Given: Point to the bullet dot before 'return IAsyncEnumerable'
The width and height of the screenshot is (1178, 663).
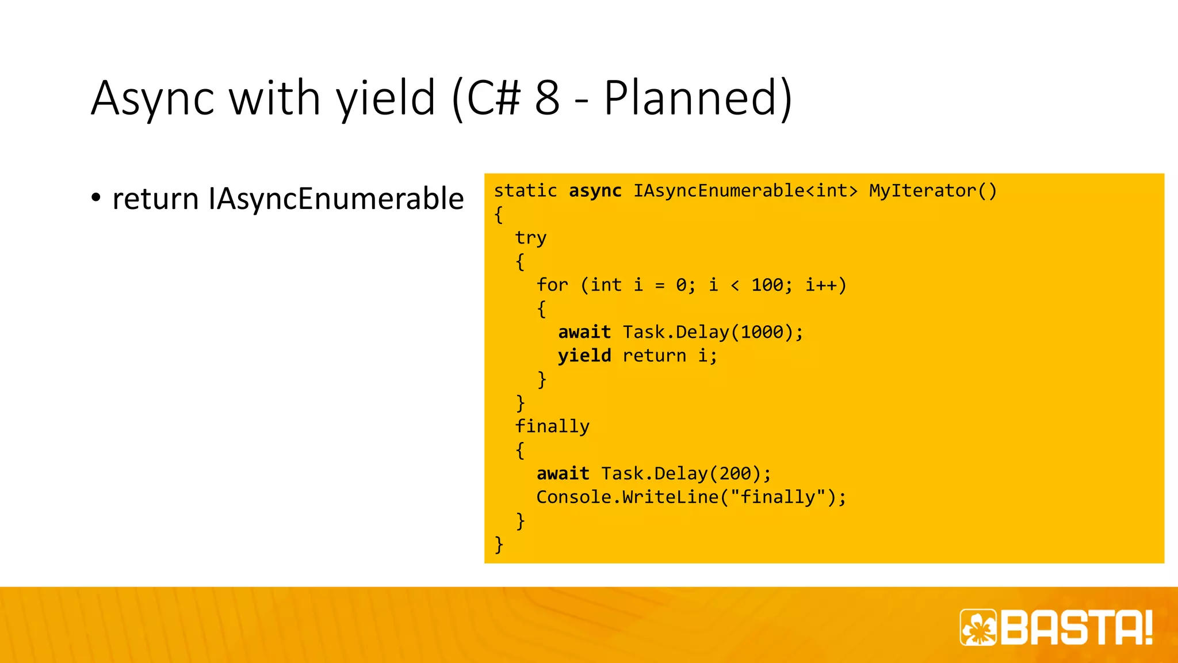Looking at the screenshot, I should (x=96, y=198).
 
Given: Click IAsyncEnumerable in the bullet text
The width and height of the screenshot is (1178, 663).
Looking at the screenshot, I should (x=336, y=199).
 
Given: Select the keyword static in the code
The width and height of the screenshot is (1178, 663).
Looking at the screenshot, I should (x=525, y=190).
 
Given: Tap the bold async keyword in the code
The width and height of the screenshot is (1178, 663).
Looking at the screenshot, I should (x=595, y=190).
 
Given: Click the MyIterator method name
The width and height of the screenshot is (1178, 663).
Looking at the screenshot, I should (x=923, y=190).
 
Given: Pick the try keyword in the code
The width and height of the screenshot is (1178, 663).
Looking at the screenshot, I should (x=530, y=238).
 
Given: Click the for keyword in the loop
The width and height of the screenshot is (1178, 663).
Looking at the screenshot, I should (x=552, y=285).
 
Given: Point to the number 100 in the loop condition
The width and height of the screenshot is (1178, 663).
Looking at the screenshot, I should (x=766, y=285).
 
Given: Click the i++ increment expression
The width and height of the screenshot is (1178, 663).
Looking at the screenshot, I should (x=821, y=285).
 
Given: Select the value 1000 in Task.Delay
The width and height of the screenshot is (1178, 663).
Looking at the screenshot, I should (x=762, y=332).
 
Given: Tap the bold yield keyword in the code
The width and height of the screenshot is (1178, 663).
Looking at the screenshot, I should (x=584, y=356).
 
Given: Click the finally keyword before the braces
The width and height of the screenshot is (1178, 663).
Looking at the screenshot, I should (x=552, y=426).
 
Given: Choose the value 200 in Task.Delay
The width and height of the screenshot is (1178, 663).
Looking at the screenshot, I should (x=735, y=474).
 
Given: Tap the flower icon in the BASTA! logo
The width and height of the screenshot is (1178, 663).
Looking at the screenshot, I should (x=978, y=627).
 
